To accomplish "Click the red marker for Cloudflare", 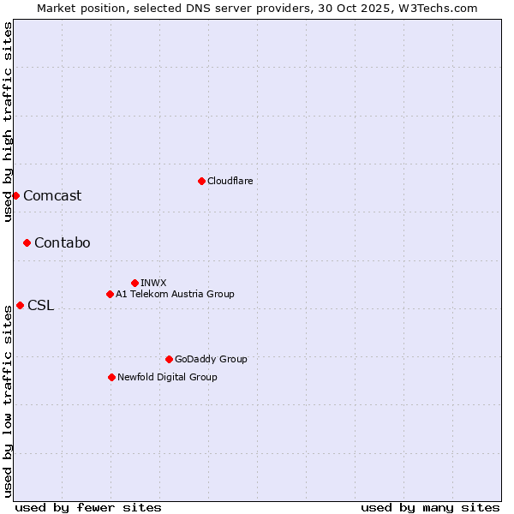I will (x=201, y=181).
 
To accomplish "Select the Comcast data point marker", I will (x=15, y=195).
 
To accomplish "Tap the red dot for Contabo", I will (x=27, y=242).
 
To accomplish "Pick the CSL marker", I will (x=20, y=305).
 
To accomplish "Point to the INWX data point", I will (x=134, y=283).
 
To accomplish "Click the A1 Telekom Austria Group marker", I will (x=110, y=294).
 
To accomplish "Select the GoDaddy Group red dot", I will (x=169, y=359).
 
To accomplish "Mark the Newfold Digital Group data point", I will (x=111, y=377).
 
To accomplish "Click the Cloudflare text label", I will (x=230, y=181).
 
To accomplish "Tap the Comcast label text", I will (x=52, y=195).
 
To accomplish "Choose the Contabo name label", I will (x=62, y=242).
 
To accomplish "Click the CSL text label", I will (x=40, y=305).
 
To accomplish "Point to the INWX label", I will (x=153, y=283).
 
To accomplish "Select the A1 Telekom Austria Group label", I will (x=175, y=294).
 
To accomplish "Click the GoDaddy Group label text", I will (x=211, y=359).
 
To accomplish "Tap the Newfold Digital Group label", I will (x=167, y=377).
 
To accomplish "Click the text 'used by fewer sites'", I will (x=88, y=507).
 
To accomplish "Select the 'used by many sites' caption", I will (x=430, y=507).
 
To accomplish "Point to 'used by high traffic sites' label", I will (x=8, y=122).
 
